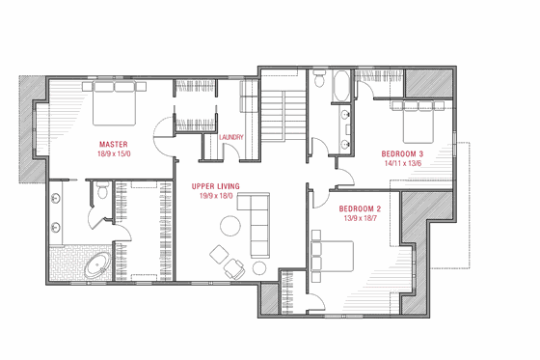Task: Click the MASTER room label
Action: [114, 144]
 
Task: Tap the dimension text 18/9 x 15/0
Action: [114, 153]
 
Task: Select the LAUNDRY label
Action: [231, 138]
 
